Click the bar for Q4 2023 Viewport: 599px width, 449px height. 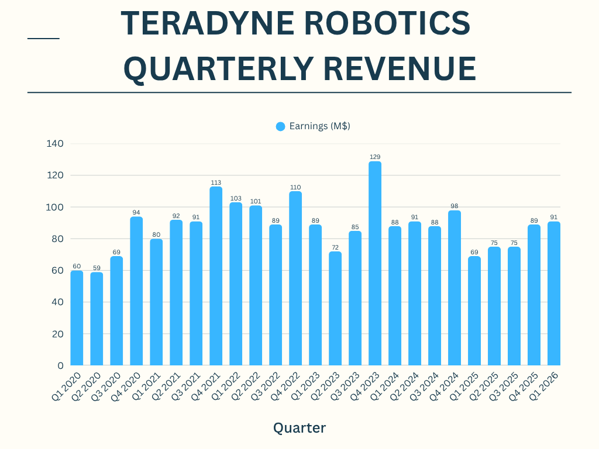375,263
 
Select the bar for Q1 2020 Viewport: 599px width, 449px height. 77,318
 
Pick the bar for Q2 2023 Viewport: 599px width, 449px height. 335,308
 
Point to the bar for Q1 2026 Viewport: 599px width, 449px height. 554,293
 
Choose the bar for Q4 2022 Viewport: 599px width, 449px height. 295,278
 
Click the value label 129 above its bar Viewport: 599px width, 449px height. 375,157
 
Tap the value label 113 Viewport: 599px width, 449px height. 216,182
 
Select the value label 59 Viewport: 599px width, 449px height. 97,268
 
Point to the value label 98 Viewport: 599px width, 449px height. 455,206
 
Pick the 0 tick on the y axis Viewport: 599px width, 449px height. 60,366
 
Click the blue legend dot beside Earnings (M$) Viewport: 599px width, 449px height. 280,126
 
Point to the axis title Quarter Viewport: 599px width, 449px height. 299,428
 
